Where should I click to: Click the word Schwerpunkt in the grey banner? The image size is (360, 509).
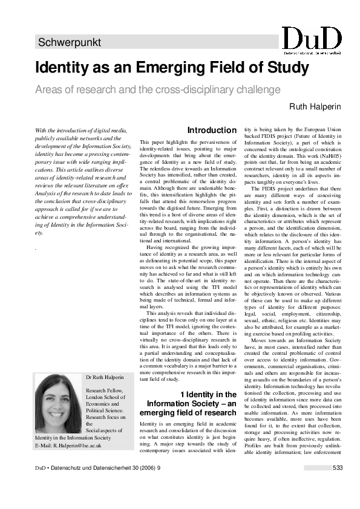point(69,43)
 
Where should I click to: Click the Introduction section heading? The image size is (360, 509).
point(212,131)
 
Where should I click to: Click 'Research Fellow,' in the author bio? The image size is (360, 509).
point(104,390)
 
